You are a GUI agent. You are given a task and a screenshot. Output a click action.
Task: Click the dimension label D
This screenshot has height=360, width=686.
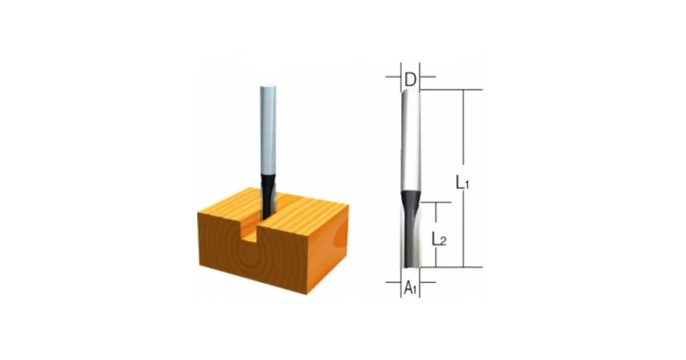(410, 80)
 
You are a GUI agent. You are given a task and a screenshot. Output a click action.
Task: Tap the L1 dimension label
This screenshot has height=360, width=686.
(462, 182)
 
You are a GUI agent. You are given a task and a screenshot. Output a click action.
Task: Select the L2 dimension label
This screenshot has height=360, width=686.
(439, 239)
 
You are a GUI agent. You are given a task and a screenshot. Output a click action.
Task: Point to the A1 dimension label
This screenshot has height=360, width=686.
(410, 288)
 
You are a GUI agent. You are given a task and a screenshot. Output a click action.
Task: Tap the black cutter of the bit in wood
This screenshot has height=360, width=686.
(267, 196)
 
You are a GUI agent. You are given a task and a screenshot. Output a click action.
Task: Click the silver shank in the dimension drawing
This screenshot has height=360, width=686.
(411, 140)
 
